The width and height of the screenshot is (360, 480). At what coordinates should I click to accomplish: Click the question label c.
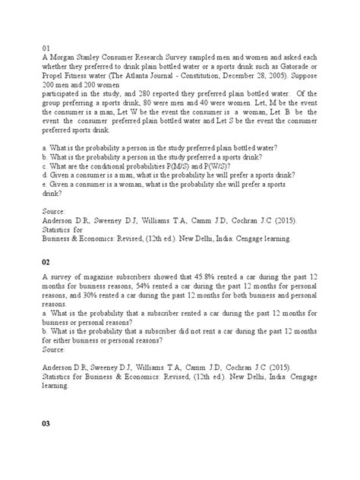[45, 166]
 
